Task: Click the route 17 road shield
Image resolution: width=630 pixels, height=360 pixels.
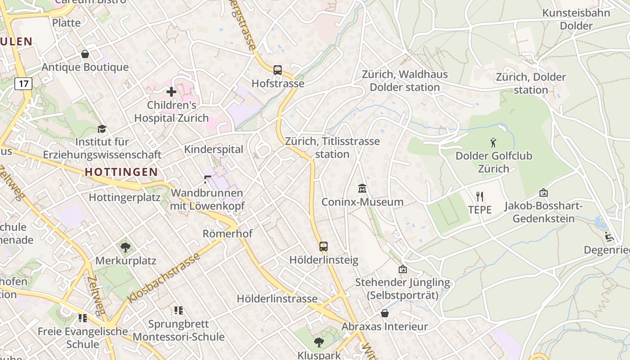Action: pyautogui.click(x=23, y=83)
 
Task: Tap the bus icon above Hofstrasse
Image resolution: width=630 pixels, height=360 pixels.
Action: pyautogui.click(x=278, y=70)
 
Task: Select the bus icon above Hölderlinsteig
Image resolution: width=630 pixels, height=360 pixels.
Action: pyautogui.click(x=324, y=246)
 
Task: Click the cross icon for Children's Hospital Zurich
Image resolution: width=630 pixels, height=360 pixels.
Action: pyautogui.click(x=171, y=92)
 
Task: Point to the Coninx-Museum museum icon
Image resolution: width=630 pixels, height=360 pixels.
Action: pyautogui.click(x=362, y=188)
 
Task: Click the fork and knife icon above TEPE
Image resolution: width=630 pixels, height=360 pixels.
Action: pyautogui.click(x=480, y=196)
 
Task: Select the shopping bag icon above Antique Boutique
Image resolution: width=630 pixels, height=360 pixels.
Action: pyautogui.click(x=85, y=54)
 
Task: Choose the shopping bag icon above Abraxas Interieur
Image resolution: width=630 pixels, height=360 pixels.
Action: pyautogui.click(x=385, y=313)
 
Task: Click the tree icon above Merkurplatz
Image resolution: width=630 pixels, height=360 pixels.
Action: pyautogui.click(x=126, y=247)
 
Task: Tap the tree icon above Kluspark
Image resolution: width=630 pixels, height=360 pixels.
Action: pyautogui.click(x=319, y=342)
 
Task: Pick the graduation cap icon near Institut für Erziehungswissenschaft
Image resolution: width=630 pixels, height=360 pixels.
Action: pyautogui.click(x=102, y=129)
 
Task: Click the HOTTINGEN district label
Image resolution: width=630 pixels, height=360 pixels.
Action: pyautogui.click(x=121, y=172)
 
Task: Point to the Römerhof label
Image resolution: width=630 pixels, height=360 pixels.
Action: pyautogui.click(x=227, y=234)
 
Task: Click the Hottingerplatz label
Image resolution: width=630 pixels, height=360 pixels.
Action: pyautogui.click(x=124, y=197)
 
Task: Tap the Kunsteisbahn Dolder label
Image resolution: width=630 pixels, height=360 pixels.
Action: pyautogui.click(x=576, y=19)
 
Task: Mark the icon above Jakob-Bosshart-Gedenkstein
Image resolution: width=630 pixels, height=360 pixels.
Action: pyautogui.click(x=543, y=193)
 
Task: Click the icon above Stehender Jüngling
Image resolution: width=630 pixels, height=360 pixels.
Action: pyautogui.click(x=403, y=269)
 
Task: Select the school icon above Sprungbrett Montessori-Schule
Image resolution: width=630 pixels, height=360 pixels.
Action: pyautogui.click(x=178, y=310)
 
